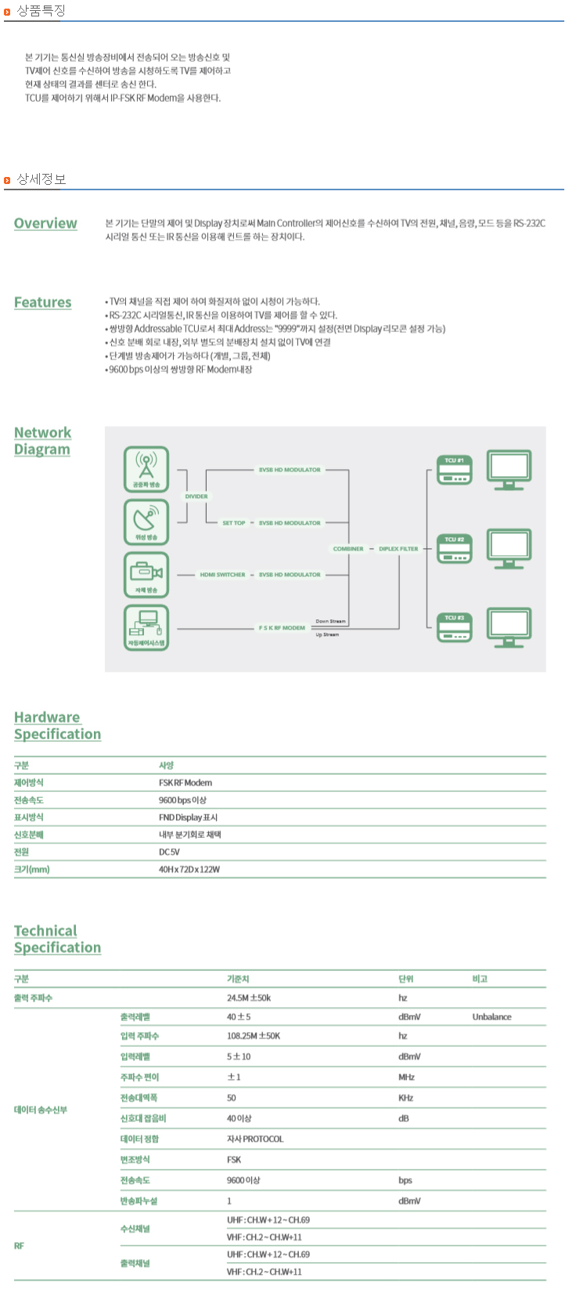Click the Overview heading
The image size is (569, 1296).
[45, 223]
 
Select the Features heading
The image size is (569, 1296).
[42, 302]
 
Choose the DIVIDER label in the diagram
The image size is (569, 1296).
[196, 496]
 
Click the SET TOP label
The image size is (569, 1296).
[234, 523]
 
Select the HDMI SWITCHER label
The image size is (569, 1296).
[222, 575]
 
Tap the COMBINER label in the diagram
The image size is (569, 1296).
[348, 549]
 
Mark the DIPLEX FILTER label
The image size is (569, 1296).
[398, 549]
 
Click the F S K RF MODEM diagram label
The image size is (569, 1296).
[283, 628]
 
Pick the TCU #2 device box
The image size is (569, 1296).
[455, 549]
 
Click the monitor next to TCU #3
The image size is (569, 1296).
[509, 627]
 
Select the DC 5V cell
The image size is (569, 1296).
[169, 852]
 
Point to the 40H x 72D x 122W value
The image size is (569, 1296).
[189, 869]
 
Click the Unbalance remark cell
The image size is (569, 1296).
[492, 1017]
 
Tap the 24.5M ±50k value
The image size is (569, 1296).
[249, 998]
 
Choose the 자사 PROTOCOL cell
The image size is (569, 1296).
[255, 1139]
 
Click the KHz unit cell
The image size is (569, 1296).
[405, 1099]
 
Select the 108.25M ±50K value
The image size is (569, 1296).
[254, 1036]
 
